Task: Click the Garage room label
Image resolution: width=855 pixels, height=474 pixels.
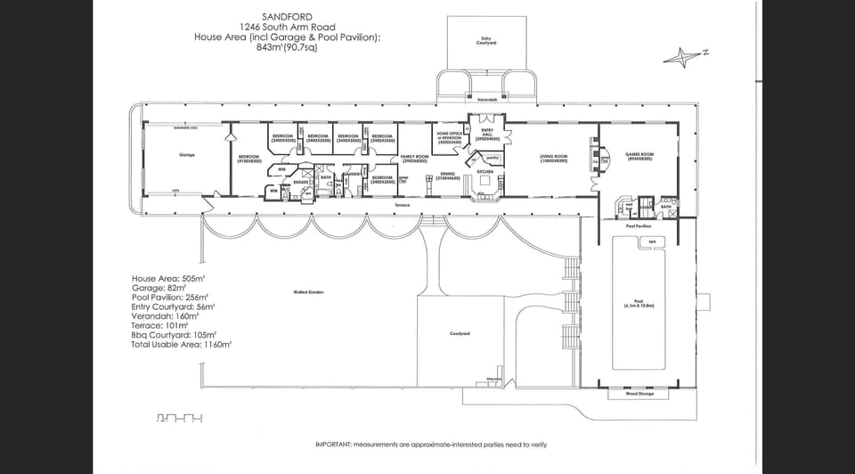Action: coord(187,155)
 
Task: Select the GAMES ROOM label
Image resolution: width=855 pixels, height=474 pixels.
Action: coord(640,156)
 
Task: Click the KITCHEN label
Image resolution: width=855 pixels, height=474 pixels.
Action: coord(485,171)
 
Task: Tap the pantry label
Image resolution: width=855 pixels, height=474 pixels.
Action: coord(492,158)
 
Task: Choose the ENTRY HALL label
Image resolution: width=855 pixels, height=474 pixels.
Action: coord(486,135)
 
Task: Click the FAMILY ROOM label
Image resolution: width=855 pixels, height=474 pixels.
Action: coord(414,157)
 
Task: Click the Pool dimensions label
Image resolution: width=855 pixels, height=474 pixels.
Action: coord(639,304)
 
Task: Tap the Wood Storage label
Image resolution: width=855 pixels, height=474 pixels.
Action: coord(638,396)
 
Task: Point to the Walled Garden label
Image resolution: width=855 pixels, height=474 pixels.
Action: coord(306,292)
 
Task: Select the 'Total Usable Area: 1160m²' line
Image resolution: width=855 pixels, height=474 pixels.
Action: coord(182,344)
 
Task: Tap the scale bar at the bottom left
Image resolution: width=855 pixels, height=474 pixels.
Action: coord(180,417)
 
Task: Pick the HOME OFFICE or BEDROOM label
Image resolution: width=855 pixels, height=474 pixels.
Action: coord(449,137)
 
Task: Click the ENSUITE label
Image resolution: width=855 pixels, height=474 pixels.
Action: coord(301,182)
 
